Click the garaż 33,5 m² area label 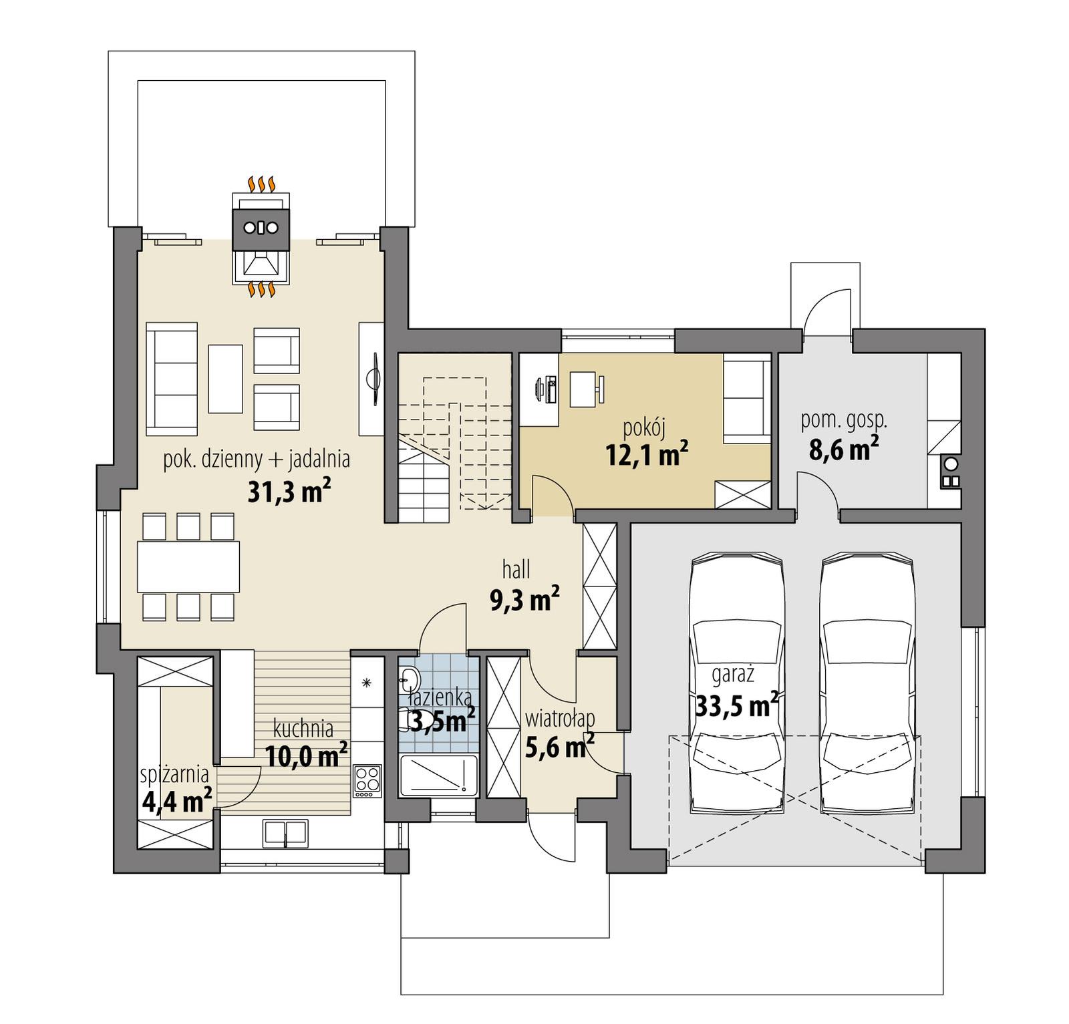(x=736, y=693)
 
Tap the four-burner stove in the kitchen (x=367, y=780)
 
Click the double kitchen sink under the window (x=285, y=833)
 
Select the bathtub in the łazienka (x=439, y=775)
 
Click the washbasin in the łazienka (x=408, y=679)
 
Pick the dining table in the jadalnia (x=188, y=566)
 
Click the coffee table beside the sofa (x=225, y=379)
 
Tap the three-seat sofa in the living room (x=172, y=379)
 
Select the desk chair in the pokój (x=601, y=389)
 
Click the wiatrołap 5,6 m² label (x=560, y=735)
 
